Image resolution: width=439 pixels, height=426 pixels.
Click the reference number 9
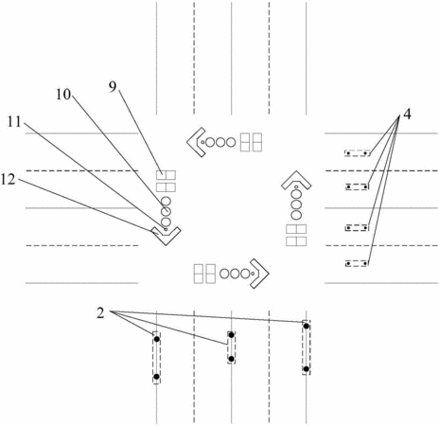(x=113, y=86)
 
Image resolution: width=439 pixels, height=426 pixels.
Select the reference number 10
(x=63, y=94)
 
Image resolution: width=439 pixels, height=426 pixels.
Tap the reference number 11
(x=14, y=121)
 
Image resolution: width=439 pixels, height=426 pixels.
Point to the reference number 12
(x=8, y=179)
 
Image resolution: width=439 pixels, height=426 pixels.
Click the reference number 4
(x=408, y=115)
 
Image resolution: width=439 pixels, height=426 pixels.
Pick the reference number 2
(x=100, y=313)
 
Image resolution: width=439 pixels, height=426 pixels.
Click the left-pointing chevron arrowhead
(x=196, y=142)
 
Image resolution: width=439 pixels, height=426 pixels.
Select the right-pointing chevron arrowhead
(x=259, y=274)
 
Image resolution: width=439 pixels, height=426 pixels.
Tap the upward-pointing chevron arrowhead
(x=296, y=180)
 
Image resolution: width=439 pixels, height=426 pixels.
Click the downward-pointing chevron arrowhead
(x=166, y=236)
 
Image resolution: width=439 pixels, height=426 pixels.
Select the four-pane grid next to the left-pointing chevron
(x=251, y=142)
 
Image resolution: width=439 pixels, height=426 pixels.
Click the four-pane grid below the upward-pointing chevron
(x=296, y=235)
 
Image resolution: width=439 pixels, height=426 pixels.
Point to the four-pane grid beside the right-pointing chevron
(x=204, y=274)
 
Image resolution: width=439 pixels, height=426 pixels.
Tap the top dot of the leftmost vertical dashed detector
(x=157, y=339)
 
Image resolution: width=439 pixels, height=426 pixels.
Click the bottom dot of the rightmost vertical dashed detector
(x=306, y=368)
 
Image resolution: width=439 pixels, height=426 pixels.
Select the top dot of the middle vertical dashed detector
(x=232, y=335)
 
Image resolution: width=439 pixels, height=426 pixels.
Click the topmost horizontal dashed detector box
(x=357, y=153)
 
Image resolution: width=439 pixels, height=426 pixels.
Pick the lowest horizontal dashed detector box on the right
(x=357, y=263)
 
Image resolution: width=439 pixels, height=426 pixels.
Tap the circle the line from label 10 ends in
(x=166, y=210)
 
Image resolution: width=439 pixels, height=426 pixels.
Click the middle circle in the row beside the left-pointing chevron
(x=220, y=142)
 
